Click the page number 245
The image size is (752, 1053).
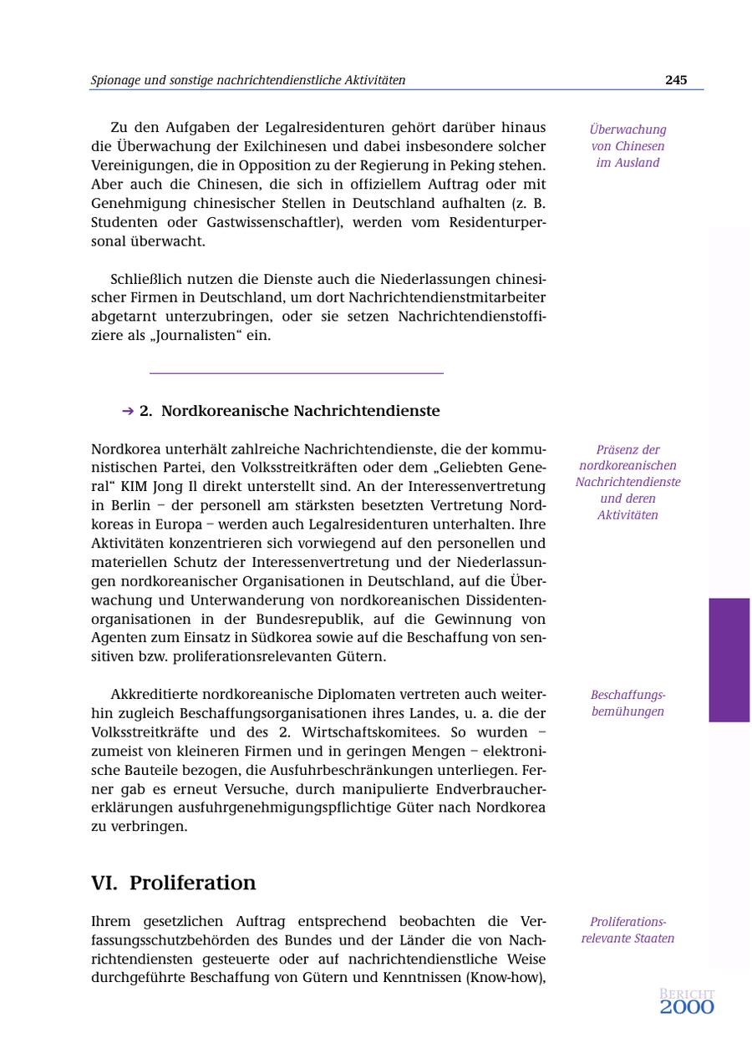click(676, 80)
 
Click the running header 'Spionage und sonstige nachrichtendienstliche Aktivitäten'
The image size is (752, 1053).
click(248, 80)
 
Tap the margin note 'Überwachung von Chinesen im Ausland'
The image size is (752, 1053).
click(628, 146)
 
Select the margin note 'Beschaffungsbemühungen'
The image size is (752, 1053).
click(628, 703)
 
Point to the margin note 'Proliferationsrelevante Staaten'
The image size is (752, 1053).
click(628, 930)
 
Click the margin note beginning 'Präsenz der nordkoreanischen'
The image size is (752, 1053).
click(628, 482)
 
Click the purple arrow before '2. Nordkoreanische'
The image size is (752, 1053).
click(128, 411)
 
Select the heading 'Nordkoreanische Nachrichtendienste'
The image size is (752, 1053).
click(300, 411)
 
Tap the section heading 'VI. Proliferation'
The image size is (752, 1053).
click(174, 883)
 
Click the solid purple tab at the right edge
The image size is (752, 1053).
click(729, 660)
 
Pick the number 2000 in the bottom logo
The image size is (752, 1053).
click(687, 1008)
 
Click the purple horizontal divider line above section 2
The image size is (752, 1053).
click(296, 373)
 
